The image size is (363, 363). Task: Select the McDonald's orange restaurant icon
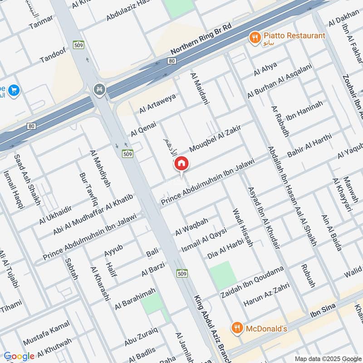point(236,328)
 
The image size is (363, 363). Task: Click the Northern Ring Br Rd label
point(201,39)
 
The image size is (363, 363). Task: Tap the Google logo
point(19,356)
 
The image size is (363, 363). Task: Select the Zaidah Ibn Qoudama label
point(251,282)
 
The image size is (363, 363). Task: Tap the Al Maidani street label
point(200,89)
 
